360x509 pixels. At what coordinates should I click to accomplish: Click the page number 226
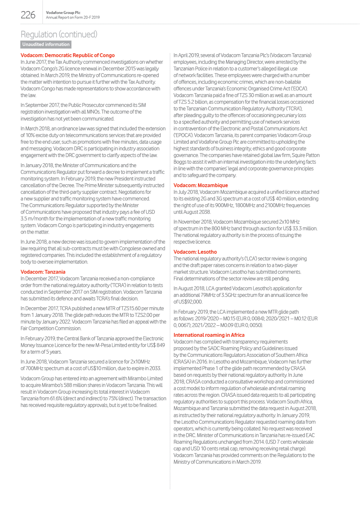28,15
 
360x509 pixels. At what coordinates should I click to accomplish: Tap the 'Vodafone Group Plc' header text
63,13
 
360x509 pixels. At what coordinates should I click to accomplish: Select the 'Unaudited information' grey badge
46,44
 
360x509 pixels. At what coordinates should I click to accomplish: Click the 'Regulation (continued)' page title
59,34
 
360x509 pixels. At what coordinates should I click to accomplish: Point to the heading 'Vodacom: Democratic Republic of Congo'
67,55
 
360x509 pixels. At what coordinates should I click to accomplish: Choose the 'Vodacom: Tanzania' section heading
43,272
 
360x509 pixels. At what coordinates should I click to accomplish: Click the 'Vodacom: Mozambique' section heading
200,185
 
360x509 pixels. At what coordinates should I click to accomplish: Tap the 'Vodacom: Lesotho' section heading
195,252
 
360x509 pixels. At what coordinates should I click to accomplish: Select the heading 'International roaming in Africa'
209,335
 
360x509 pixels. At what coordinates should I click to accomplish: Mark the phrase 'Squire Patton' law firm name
306,155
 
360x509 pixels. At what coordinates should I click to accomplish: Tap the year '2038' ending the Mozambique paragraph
205,212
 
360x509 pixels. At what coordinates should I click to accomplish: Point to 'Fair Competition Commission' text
51,328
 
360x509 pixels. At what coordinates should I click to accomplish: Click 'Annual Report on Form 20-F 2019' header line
73,18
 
